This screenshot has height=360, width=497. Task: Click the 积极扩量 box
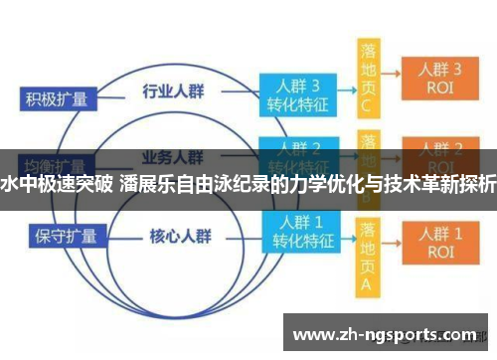[x=59, y=98]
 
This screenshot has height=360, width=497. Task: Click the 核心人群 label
[x=179, y=237]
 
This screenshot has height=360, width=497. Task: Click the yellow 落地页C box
[x=369, y=77]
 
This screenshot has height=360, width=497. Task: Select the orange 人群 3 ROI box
[x=439, y=78]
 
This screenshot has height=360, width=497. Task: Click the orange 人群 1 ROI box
[x=439, y=242]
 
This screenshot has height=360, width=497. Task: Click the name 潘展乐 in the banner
[x=148, y=183]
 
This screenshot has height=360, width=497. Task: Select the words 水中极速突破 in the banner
[x=57, y=183]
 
